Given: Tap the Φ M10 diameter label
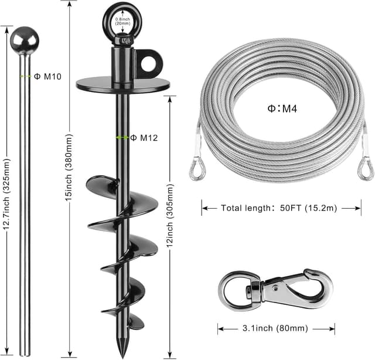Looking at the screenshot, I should click(48, 76).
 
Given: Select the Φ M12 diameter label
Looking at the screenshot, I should click(144, 138).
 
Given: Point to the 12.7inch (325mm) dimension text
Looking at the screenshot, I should click(7, 190).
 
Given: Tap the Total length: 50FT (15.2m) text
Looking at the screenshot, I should click(281, 208).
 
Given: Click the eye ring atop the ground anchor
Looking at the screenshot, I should click(122, 21).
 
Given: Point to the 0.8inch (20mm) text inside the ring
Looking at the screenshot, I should click(122, 22).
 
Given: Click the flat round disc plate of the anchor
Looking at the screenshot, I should click(122, 83).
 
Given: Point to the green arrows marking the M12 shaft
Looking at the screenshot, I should click(122, 138).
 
